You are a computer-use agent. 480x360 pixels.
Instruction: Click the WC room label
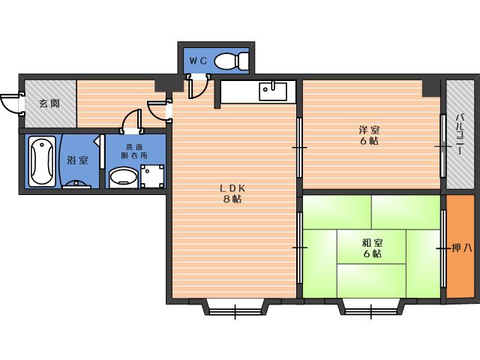[198, 61]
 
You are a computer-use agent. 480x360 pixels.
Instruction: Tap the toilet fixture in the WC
[231, 60]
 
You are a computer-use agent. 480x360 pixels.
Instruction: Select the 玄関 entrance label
[49, 103]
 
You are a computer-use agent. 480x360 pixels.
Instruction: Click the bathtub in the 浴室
[42, 161]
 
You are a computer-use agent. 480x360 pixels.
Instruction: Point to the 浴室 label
[78, 160]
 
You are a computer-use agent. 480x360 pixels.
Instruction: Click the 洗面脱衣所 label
[134, 151]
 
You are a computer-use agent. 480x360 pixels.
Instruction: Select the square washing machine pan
[152, 176]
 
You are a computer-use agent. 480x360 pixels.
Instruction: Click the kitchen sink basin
[273, 91]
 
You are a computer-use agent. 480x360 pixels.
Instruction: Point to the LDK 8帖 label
[232, 193]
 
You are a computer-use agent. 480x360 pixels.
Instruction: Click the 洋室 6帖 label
[369, 135]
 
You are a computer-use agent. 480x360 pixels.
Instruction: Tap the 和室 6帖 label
[372, 248]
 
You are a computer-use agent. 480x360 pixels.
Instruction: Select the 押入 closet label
[462, 248]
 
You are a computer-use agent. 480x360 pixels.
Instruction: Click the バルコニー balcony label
[459, 134]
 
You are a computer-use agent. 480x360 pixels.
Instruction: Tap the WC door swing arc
[198, 88]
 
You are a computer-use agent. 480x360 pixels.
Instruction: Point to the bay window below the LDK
[235, 307]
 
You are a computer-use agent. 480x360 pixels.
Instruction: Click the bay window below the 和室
[370, 307]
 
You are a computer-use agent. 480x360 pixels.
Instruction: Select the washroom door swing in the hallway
[132, 120]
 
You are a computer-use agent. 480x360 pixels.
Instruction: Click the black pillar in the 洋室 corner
[431, 88]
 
